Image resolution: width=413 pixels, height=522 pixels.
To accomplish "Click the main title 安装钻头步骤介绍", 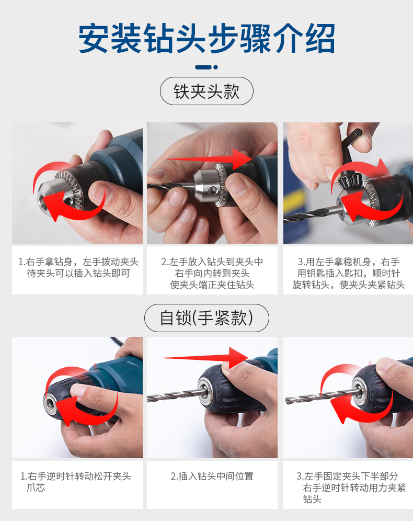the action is (206, 38).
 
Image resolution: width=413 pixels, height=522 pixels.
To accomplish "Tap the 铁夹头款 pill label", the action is (206, 91).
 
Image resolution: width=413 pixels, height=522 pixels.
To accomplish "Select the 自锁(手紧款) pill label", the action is (206, 318).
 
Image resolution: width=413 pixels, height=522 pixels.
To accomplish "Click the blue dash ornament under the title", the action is (206, 67).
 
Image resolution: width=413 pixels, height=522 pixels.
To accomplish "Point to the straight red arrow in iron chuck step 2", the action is (209, 159).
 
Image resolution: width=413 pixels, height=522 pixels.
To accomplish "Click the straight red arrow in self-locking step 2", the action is (205, 358).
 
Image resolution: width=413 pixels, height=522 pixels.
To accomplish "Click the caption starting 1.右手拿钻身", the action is (78, 267).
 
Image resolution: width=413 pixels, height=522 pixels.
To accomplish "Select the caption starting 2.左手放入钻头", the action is (212, 273).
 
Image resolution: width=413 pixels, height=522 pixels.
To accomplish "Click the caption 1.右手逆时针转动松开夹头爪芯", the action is (76, 482).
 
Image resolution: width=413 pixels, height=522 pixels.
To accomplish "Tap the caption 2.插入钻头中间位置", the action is (212, 476).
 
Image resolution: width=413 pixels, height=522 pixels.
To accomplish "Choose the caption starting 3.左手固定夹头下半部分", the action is (351, 487).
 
